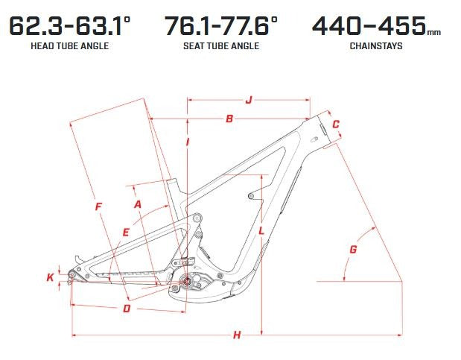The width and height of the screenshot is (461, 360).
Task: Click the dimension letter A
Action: pos(138,204)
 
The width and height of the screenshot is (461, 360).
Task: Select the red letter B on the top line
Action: pos(229,119)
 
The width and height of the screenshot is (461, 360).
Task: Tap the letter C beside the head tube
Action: pos(336,124)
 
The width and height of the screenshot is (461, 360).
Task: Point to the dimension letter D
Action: pos(127,309)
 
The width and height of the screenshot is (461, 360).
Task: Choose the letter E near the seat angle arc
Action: pos(126,233)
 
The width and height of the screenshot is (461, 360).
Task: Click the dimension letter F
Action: pos(98,206)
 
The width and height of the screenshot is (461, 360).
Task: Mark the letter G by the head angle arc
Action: pos(353,250)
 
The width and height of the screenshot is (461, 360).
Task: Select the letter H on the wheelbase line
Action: pos(237,335)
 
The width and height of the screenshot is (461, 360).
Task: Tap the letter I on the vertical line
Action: pos(188,142)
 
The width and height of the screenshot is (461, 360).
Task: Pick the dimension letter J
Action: pos(249,100)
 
